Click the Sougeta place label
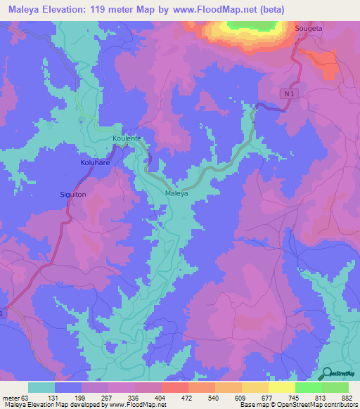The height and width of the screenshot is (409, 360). (309, 28)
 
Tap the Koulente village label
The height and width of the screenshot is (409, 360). (127, 139)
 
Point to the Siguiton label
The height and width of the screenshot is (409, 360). (72, 194)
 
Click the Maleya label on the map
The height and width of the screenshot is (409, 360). (176, 193)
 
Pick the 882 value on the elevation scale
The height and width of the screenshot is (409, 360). (347, 397)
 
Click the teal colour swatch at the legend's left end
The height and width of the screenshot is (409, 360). (41, 387)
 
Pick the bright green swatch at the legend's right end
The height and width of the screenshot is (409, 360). (335, 387)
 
